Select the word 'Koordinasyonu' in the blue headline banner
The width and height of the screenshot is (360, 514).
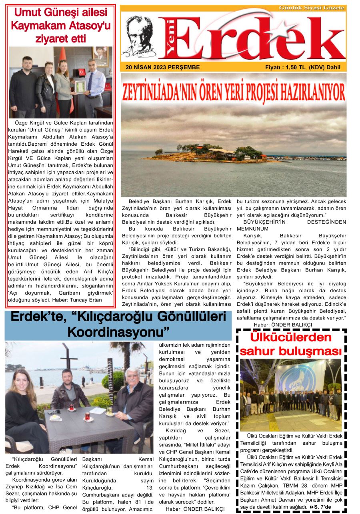tap(118, 332)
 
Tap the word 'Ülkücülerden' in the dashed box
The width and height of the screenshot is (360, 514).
tap(291, 337)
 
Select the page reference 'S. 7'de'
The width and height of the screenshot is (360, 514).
tap(322, 507)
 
